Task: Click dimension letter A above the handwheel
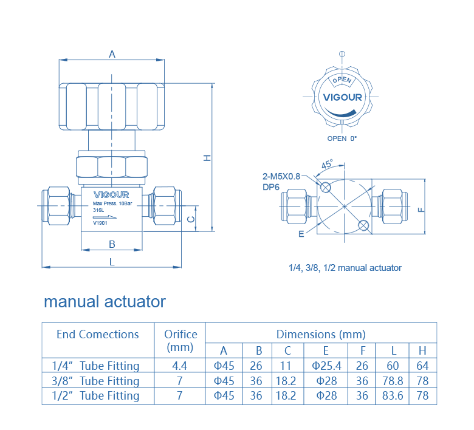[112, 55]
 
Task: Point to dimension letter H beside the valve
[207, 157]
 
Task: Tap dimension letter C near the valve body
[191, 219]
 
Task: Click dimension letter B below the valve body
[112, 244]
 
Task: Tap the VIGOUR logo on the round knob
[342, 97]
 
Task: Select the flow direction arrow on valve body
[103, 217]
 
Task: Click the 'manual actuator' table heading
[105, 302]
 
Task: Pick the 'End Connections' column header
[97, 335]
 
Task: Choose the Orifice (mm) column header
[180, 341]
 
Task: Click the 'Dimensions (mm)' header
[321, 334]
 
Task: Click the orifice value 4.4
[180, 366]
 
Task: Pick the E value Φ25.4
[326, 366]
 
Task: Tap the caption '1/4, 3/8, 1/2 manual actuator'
[345, 268]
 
